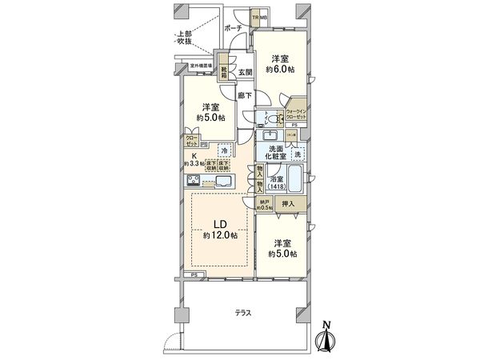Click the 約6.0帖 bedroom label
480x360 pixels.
[x=279, y=65]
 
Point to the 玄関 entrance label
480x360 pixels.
[x=244, y=72]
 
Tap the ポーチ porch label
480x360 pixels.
[x=234, y=28]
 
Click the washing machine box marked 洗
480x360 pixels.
[x=297, y=154]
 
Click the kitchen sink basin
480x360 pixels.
[x=222, y=183]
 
